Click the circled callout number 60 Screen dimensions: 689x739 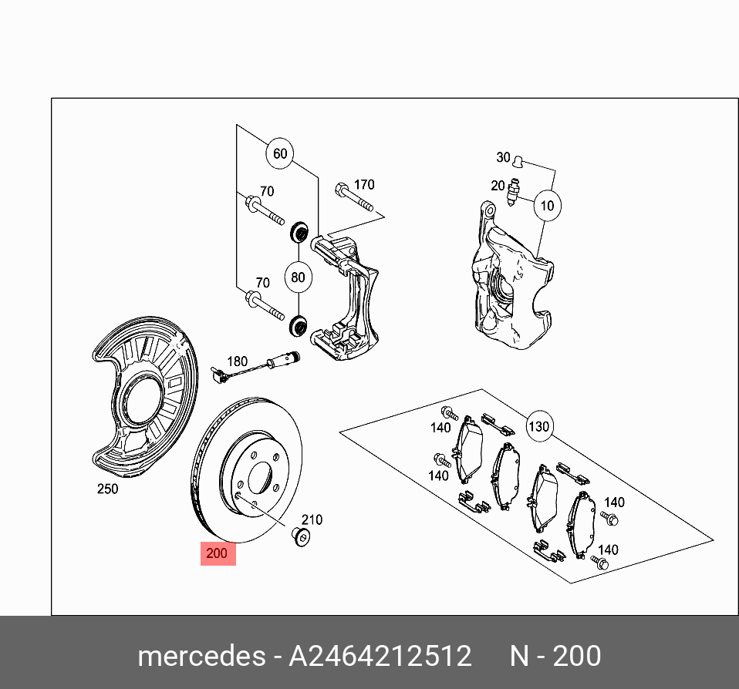pyautogui.click(x=280, y=153)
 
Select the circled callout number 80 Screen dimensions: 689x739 pyautogui.click(x=298, y=277)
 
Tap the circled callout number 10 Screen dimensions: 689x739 pyautogui.click(x=547, y=206)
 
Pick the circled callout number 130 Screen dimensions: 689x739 pyautogui.click(x=538, y=426)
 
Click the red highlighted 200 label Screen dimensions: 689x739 pyautogui.click(x=218, y=553)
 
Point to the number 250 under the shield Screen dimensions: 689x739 pyautogui.click(x=107, y=489)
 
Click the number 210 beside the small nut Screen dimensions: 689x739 pyautogui.click(x=312, y=520)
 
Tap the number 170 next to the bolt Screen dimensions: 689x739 pyautogui.click(x=363, y=184)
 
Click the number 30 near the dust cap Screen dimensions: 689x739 pyautogui.click(x=503, y=157)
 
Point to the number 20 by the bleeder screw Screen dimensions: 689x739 pyautogui.click(x=498, y=186)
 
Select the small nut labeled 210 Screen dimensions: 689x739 pyautogui.click(x=302, y=536)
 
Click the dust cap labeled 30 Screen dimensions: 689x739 pyautogui.click(x=519, y=161)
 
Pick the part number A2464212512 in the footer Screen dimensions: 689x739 pyautogui.click(x=380, y=656)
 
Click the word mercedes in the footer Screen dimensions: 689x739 pyautogui.click(x=201, y=656)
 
